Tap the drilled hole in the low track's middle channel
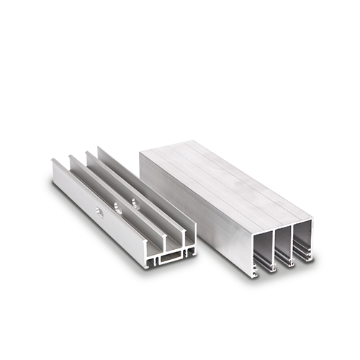click(117, 204)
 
